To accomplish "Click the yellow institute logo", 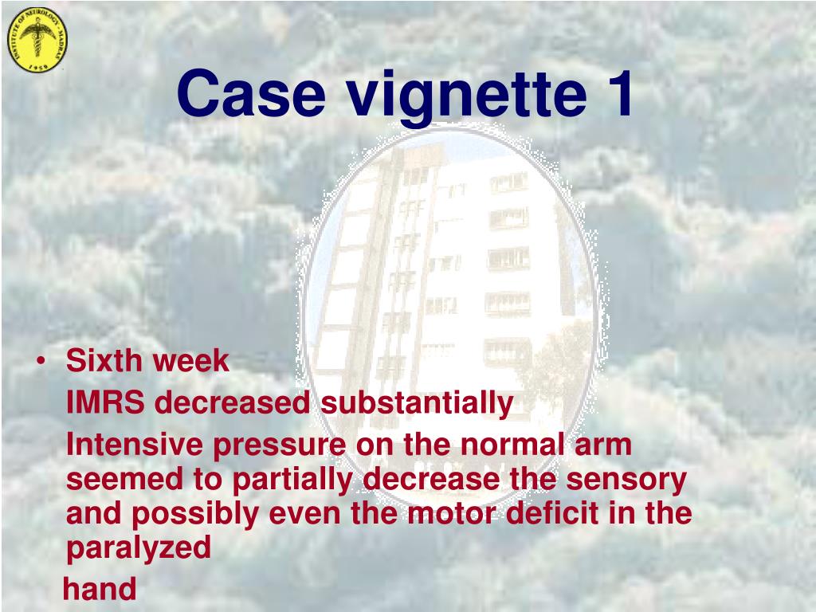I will (x=37, y=39).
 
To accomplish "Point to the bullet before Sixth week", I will (x=41, y=362).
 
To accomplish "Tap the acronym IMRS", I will (x=105, y=403).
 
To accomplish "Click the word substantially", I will (x=417, y=403).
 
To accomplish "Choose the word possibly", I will (x=194, y=515).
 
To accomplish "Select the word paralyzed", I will (x=138, y=549).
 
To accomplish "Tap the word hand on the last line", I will (x=100, y=590).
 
